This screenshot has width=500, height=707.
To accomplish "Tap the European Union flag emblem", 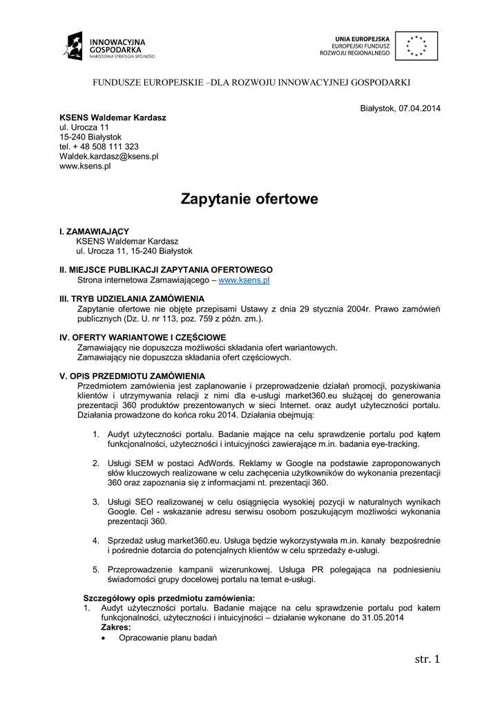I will coord(416,45).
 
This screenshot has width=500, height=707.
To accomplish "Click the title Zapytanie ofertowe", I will coord(249,200).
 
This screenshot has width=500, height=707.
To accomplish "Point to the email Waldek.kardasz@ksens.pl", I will coord(109,157).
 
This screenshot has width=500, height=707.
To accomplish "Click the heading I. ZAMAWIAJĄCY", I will coord(94,231).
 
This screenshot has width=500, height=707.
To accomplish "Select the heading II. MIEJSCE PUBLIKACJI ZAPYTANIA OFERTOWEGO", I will coord(166,270).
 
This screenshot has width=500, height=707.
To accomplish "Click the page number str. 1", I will coord(426,659).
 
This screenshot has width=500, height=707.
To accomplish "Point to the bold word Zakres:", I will coord(116,627).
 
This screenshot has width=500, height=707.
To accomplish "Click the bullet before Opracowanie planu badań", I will coord(104,638).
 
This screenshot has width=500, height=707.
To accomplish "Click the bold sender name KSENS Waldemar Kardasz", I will coord(113,118).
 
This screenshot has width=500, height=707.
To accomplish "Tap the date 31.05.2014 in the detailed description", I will coord(380,617).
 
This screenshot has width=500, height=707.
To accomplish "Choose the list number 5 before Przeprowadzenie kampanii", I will coord(96,570).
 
